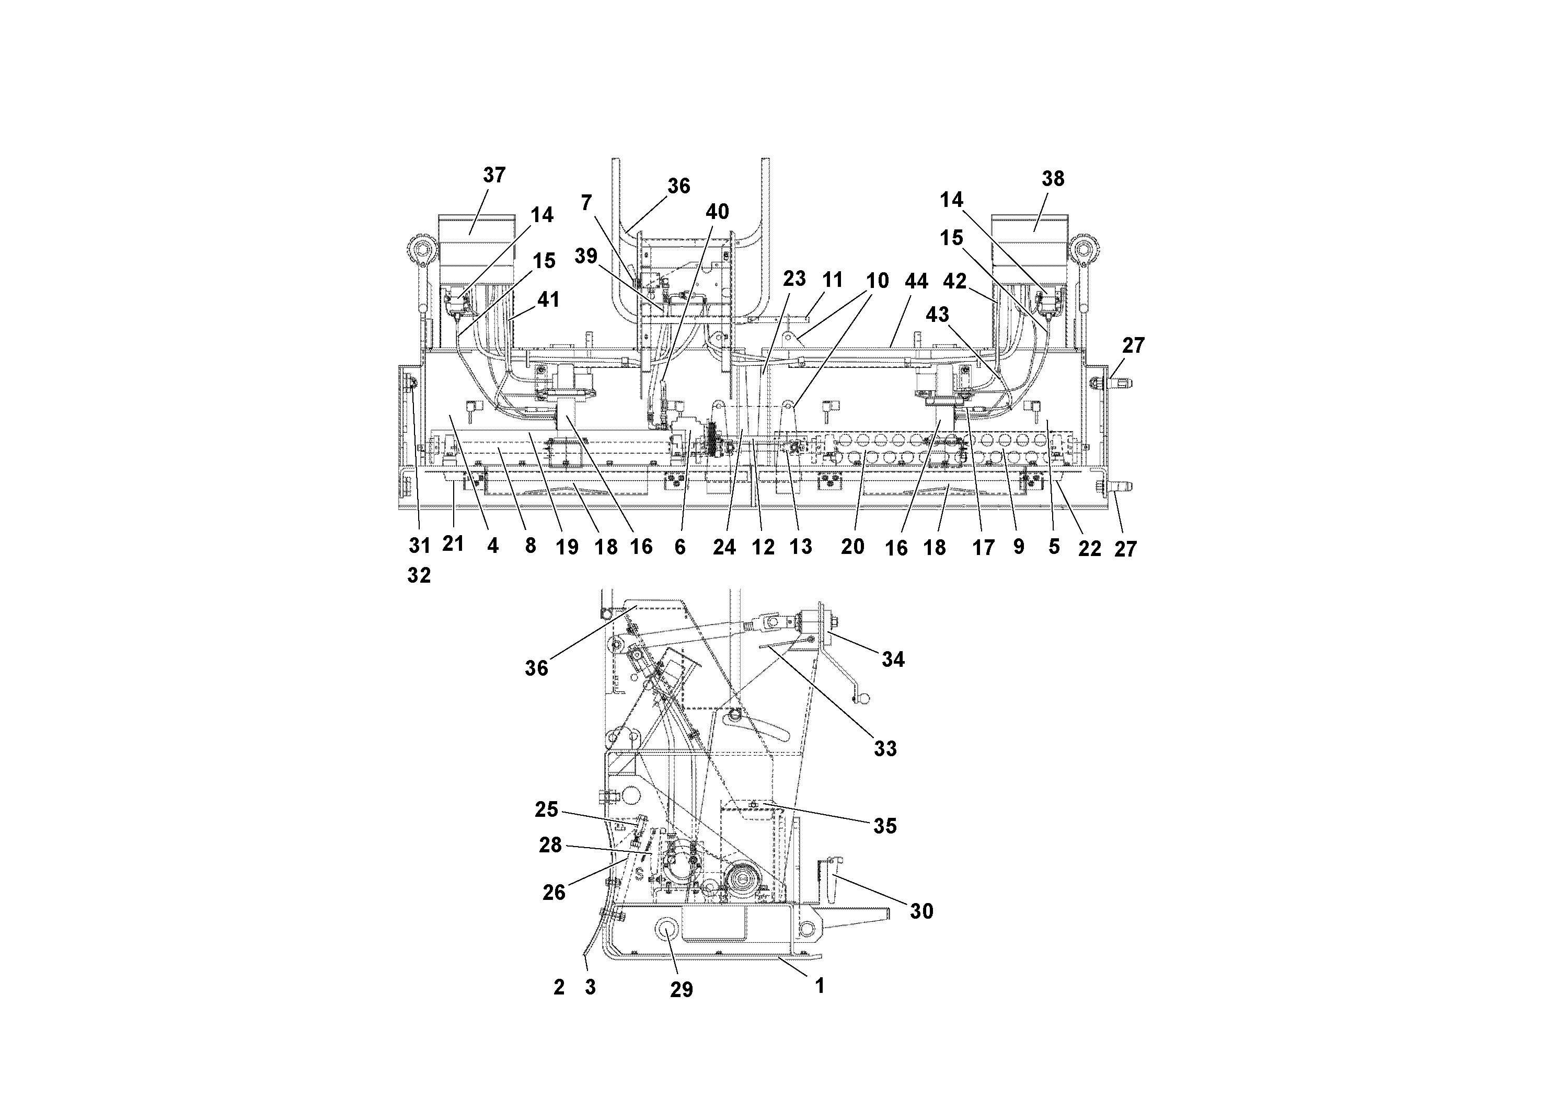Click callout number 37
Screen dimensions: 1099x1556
pos(494,175)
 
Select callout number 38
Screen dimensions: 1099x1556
pos(1053,178)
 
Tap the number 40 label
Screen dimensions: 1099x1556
pos(717,212)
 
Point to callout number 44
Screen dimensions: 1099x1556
pos(916,281)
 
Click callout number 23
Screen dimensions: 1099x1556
pos(794,279)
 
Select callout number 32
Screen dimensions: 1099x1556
pos(419,575)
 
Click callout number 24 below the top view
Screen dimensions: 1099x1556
pos(724,547)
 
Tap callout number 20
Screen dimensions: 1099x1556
pos(852,547)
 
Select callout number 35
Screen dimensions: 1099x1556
pos(885,825)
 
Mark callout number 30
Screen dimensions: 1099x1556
pos(921,911)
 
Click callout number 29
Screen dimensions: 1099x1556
pos(682,989)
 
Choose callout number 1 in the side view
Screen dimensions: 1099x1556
pos(820,986)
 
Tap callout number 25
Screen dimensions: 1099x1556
pos(546,809)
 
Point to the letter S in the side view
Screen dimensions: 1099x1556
pos(638,875)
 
